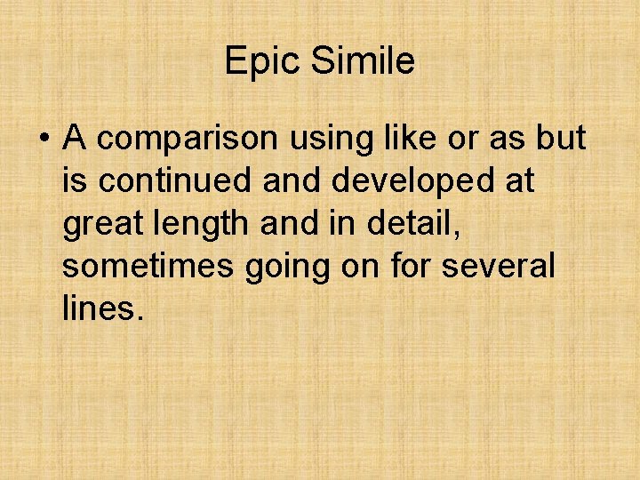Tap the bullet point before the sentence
pos(42,140)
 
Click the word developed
pos(419,181)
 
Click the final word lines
pos(102,308)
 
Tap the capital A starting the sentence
pos(75,139)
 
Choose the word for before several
pos(417,266)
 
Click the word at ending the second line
pos(519,181)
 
